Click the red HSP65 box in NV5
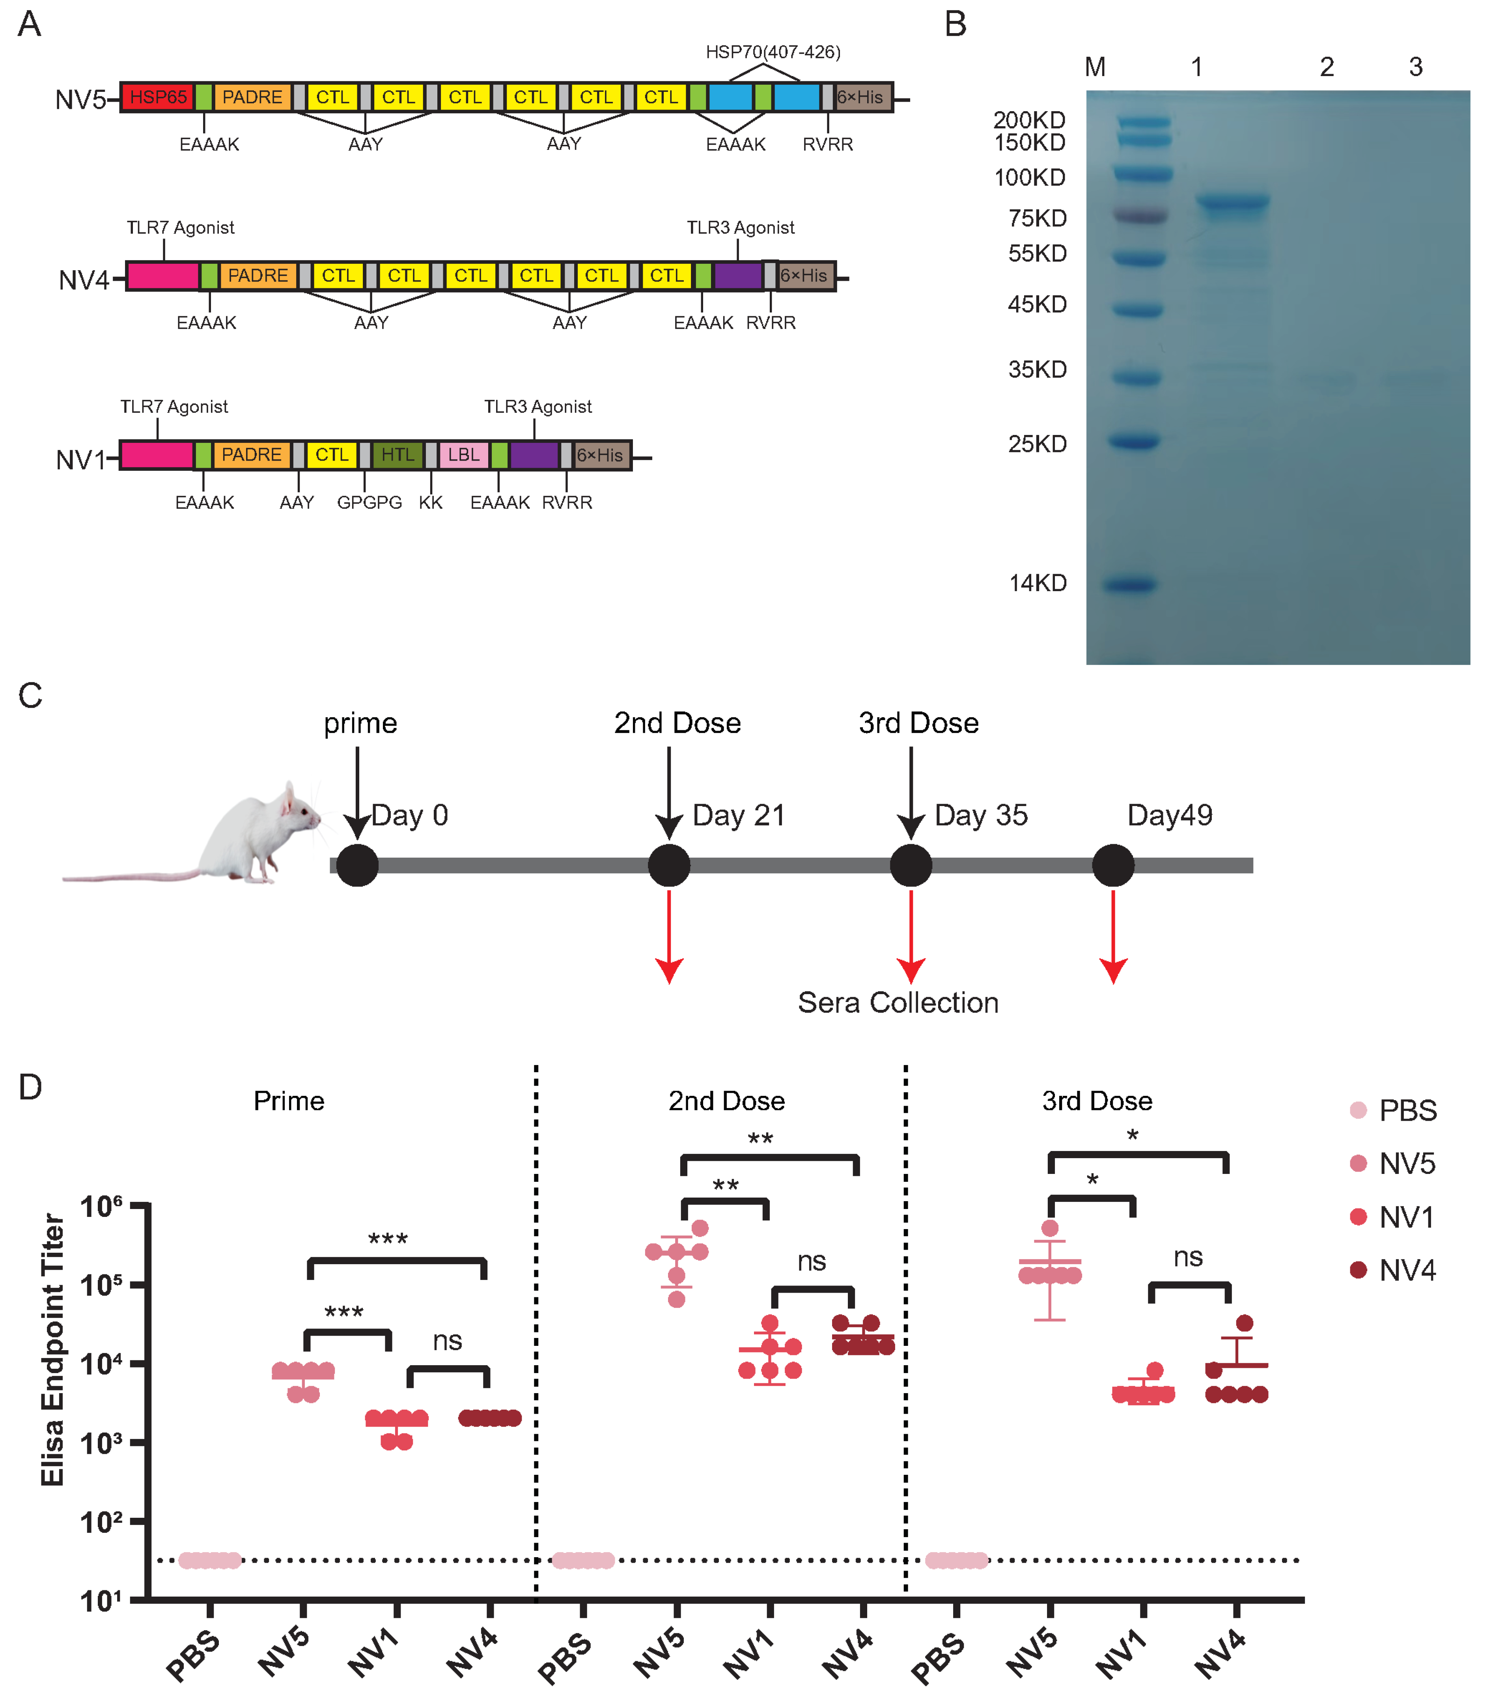(158, 97)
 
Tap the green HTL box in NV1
(398, 455)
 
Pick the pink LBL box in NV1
(463, 455)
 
